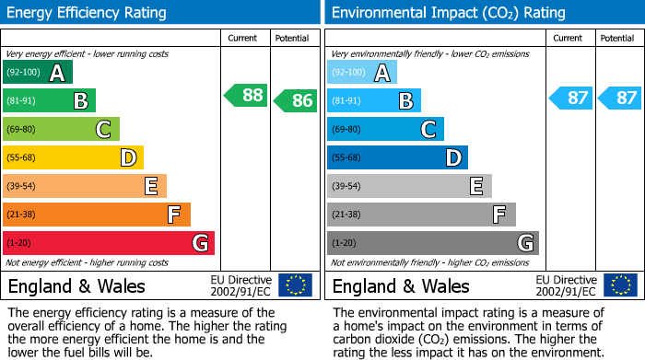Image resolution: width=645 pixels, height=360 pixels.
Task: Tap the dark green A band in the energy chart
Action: pos(38,73)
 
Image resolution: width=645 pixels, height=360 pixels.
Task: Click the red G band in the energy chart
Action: pos(109,243)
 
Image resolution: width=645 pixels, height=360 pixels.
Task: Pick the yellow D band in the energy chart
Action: pos(73,157)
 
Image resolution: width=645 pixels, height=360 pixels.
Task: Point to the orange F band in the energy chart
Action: pos(97,215)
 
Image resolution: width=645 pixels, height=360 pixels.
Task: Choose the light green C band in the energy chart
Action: pos(61,129)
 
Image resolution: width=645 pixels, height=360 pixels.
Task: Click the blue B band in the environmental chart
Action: pos(374,100)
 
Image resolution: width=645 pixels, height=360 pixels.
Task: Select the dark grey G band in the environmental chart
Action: pos(432,243)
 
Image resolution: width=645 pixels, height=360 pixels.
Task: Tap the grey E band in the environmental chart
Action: pos(409,186)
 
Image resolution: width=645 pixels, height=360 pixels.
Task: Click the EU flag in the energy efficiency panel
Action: pos(296,285)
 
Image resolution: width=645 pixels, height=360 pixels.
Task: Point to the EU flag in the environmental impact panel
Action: pos(620,285)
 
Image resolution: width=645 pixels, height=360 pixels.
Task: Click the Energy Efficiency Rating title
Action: pos(88,13)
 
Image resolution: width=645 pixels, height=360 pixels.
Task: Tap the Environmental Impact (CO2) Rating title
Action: pos(448,13)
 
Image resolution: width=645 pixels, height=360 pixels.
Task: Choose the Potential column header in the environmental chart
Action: pos(617,38)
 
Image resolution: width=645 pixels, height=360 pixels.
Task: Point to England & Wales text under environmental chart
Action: pos(401,285)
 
